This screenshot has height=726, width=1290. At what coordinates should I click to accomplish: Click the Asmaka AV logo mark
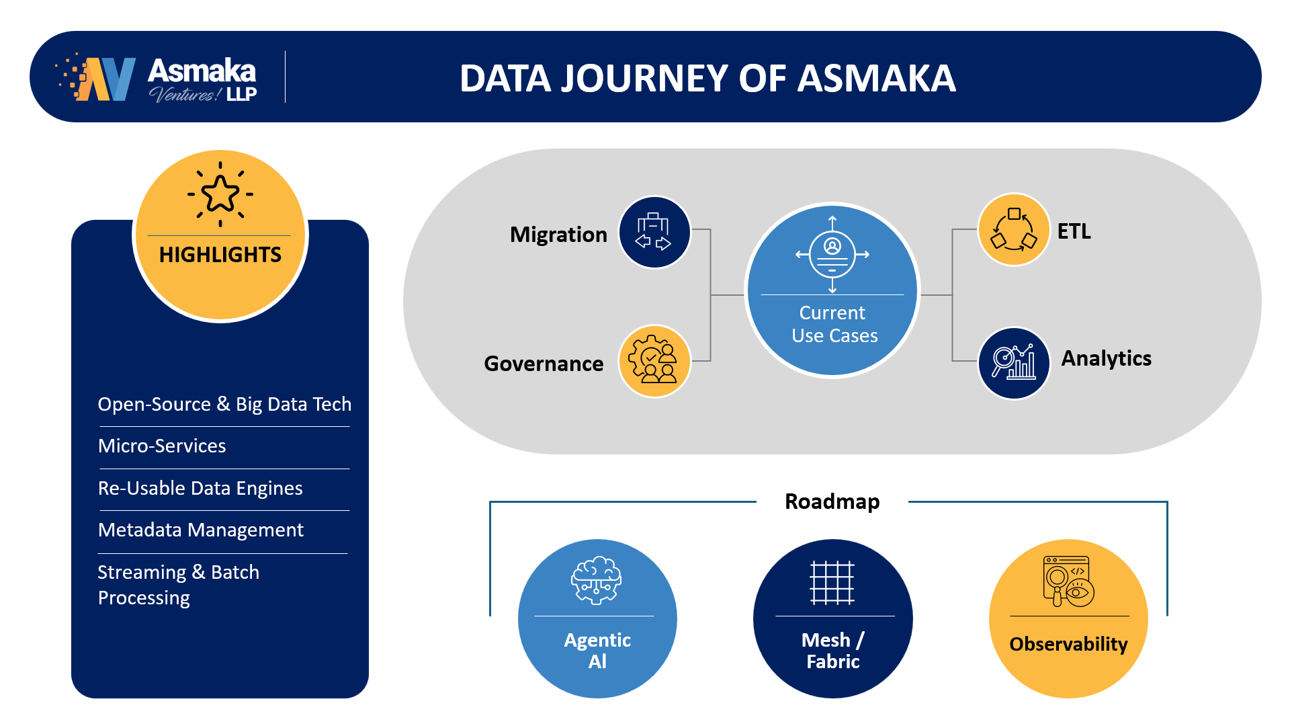tap(95, 77)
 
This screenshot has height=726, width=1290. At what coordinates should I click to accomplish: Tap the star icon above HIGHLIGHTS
tap(220, 194)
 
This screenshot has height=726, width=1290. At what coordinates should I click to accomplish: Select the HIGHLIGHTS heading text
tap(220, 255)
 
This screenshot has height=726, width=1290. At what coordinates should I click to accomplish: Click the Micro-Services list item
tap(162, 446)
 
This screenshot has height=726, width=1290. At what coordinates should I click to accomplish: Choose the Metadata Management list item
tap(201, 530)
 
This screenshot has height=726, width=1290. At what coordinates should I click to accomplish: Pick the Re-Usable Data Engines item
tap(200, 488)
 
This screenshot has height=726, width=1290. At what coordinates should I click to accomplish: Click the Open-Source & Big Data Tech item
tap(224, 404)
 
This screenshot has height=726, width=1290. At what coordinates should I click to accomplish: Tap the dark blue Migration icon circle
tap(654, 233)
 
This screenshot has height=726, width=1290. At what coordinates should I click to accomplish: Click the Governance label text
tap(544, 364)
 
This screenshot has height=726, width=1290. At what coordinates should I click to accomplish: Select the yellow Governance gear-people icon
tap(654, 361)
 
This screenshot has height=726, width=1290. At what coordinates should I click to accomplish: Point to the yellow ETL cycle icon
tap(1014, 230)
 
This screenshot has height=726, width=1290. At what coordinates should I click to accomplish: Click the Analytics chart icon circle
tap(1014, 363)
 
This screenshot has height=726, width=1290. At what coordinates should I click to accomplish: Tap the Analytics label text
tap(1106, 358)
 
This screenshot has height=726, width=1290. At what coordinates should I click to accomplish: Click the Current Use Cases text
tap(834, 324)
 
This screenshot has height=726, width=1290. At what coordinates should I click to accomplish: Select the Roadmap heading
tap(832, 501)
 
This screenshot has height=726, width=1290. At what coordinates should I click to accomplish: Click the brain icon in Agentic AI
tap(597, 580)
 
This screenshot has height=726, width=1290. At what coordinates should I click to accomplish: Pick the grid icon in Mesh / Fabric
tap(832, 582)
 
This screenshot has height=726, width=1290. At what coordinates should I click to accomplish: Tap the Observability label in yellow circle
tap(1068, 644)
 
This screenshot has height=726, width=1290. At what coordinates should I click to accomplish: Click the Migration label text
tap(558, 235)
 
